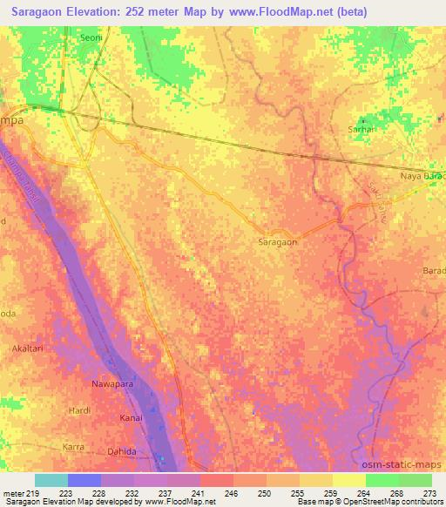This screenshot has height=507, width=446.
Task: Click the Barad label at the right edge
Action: [434, 271]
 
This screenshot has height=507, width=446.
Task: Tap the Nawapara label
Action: [113, 383]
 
